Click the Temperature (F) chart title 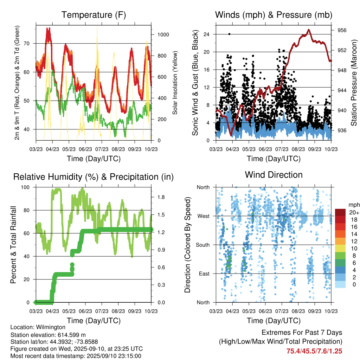pyautogui.click(x=94, y=15)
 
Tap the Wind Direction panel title pyautogui.click(x=274, y=175)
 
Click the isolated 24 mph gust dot pyautogui.click(x=230, y=34)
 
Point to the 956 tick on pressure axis pyautogui.click(x=342, y=30)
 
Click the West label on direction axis pyautogui.click(x=203, y=216)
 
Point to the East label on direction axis pyautogui.click(x=204, y=274)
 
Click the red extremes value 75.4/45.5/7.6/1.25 pyautogui.click(x=314, y=351)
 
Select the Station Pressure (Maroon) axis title pyautogui.click(x=354, y=83)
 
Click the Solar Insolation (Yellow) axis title pyautogui.click(x=175, y=83)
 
